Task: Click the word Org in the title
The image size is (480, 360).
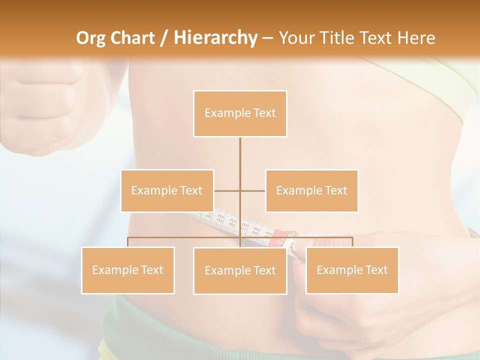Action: point(92,38)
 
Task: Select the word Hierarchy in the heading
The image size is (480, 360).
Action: point(215,38)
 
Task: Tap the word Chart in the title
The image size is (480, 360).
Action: point(133,38)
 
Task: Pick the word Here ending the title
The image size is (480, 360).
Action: point(416,38)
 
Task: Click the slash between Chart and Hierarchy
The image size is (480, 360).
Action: point(164,38)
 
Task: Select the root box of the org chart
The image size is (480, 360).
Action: point(240,113)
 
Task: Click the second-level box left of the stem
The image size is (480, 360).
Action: point(167,190)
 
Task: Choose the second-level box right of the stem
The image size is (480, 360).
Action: point(311,190)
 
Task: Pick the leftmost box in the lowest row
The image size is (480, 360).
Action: point(128,270)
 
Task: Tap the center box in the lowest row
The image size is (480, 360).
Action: point(240,270)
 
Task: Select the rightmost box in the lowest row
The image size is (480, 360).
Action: point(352,270)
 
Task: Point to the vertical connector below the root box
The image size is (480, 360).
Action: point(240,160)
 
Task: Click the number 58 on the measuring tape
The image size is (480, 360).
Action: point(255,231)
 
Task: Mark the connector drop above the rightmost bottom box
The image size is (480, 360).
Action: point(352,242)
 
